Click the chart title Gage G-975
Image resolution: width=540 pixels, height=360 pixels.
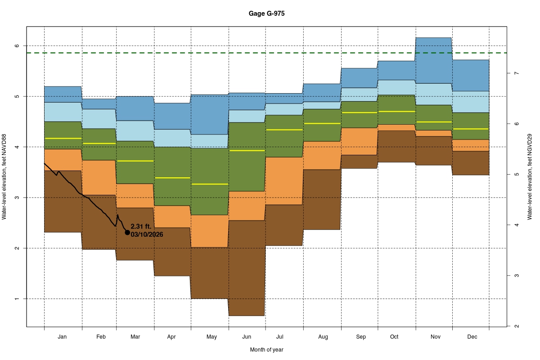point(266,13)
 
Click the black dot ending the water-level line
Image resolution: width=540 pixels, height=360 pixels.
point(127,232)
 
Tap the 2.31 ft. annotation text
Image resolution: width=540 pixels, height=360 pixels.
point(141,227)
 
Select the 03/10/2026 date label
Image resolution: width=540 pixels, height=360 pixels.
point(147,234)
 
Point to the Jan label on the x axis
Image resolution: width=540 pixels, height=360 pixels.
point(63,337)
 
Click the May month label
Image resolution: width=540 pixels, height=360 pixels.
point(211,337)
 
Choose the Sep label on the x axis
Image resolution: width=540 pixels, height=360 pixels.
point(361,337)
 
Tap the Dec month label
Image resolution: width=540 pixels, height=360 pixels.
point(472,337)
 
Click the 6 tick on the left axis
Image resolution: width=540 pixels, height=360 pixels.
point(16,46)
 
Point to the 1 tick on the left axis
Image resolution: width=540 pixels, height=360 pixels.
point(16,299)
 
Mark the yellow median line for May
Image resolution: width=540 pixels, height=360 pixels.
point(210,184)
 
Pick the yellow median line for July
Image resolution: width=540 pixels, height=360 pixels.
point(284,130)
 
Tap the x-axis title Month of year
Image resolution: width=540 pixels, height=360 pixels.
point(266,350)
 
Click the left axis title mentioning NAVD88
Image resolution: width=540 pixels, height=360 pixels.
point(4,177)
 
